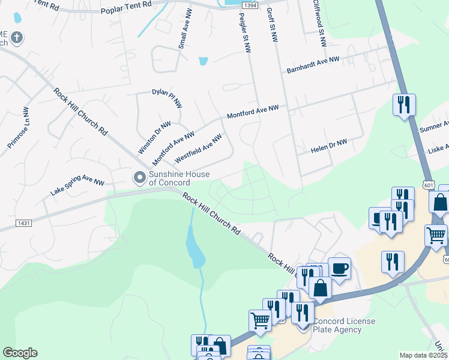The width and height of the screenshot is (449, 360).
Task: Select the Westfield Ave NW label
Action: tap(198, 149)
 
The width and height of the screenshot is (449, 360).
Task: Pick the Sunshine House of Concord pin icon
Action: tap(139, 177)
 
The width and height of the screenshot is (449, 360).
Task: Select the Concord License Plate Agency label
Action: tap(345, 325)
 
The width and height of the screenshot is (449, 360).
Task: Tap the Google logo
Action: tap(20, 353)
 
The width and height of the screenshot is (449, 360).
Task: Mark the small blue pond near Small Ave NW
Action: tap(203, 61)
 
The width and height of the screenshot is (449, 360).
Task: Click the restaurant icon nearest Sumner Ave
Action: tap(403, 105)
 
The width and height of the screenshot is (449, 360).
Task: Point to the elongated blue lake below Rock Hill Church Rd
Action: tap(195, 249)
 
